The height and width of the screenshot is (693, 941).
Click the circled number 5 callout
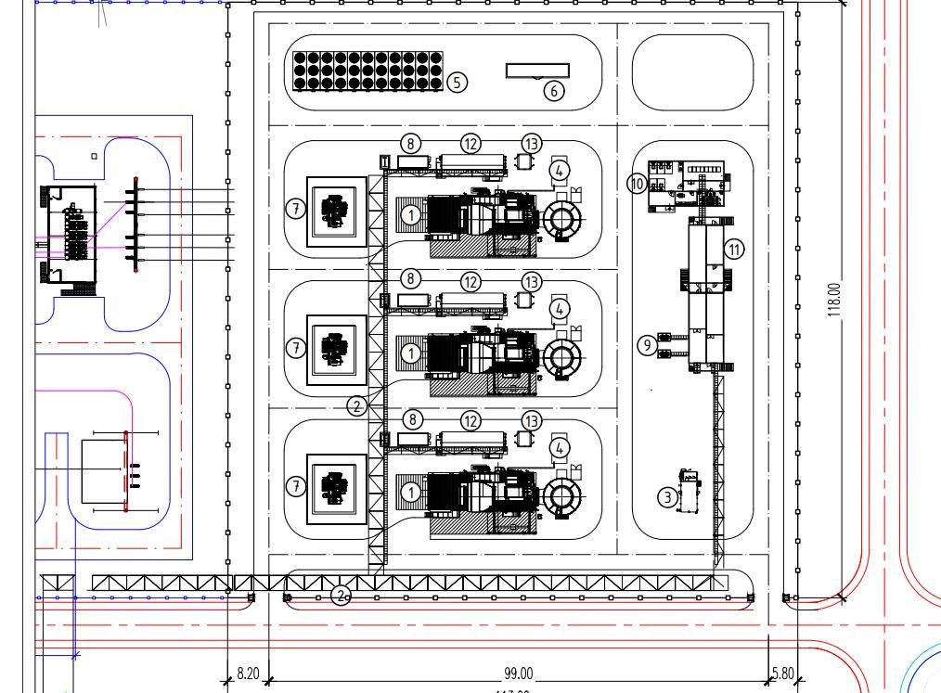point(457,82)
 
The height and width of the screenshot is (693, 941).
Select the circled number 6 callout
point(553,90)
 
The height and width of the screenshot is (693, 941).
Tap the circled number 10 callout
point(637,183)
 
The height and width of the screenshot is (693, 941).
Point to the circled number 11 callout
point(734,249)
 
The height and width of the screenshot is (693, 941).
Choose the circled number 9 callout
point(647,345)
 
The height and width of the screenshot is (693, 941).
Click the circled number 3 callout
point(667,497)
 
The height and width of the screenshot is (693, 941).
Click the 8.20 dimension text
point(248,674)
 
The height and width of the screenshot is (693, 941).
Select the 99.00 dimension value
point(519,674)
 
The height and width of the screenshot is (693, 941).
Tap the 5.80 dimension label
point(783,674)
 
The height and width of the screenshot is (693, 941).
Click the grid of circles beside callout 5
point(368,71)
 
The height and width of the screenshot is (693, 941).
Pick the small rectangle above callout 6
point(537,71)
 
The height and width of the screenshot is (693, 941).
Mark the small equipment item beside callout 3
point(688,490)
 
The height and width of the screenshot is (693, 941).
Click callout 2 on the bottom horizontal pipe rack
point(341,596)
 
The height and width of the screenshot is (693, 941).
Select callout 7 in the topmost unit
point(295,209)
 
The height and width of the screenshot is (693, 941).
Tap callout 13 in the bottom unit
point(531,421)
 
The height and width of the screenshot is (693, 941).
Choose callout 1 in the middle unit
point(410,353)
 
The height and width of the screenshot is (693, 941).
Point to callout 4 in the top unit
point(559,170)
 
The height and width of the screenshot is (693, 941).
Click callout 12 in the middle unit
point(471,281)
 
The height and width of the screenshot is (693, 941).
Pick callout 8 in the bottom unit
point(410,420)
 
